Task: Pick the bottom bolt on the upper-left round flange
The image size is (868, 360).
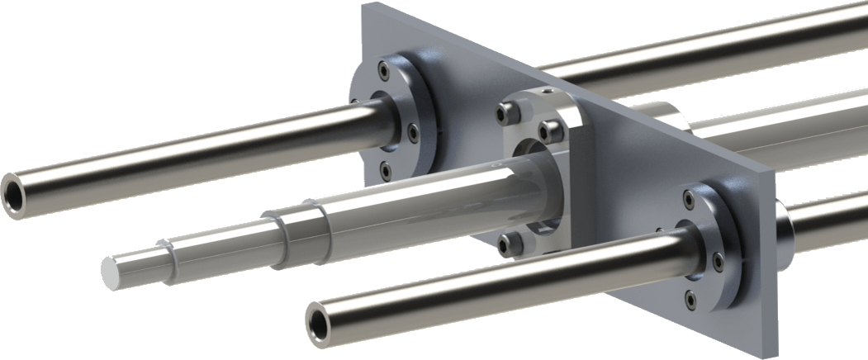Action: [x=385, y=169]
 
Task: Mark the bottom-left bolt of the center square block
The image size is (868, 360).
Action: [x=511, y=241]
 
